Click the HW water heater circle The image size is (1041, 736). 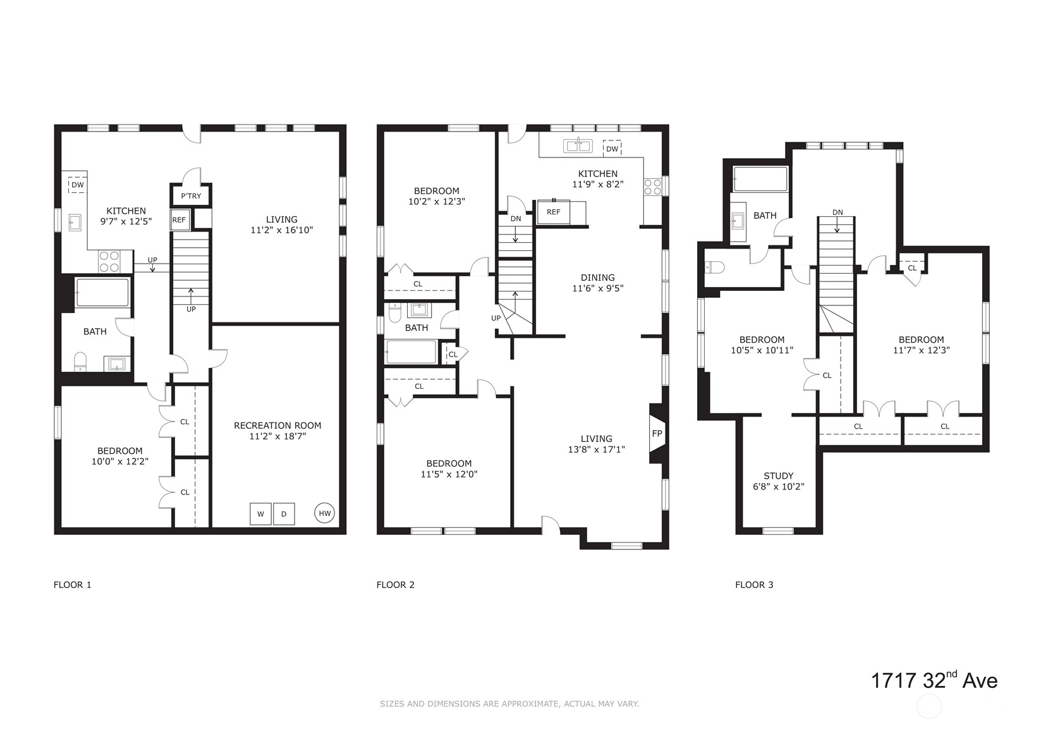point(324,513)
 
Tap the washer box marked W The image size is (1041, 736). point(260,514)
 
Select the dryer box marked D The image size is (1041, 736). point(284,514)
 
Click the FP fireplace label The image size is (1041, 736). point(657,434)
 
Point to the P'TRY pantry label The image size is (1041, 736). point(191,196)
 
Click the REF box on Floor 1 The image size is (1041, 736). point(179,220)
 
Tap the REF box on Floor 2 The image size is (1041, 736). point(553,212)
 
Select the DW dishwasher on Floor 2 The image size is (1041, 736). point(612,149)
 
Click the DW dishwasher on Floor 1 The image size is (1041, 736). point(78,185)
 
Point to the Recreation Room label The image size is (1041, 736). point(277,426)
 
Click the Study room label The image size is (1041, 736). point(779,475)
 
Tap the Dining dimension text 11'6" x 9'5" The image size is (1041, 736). point(598,288)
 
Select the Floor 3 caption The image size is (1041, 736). point(754,584)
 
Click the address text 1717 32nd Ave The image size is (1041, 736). point(934,680)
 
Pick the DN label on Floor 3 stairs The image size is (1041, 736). point(837,212)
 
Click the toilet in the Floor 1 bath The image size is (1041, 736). point(80,362)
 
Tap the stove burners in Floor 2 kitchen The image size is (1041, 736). point(652,187)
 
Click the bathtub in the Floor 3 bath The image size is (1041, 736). point(760,179)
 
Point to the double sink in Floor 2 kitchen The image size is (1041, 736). point(578,146)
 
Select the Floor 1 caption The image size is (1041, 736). point(73,584)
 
